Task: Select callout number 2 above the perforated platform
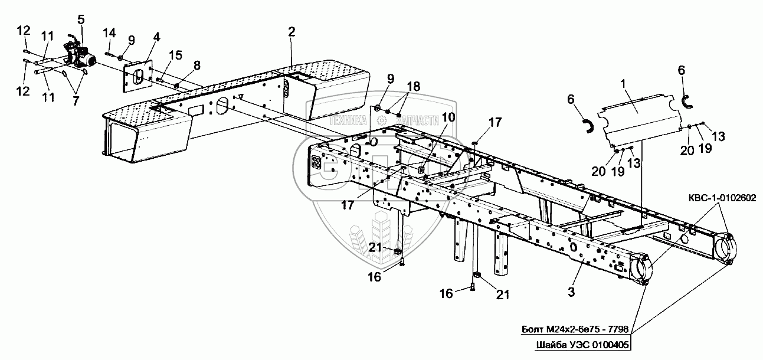pos(292,32)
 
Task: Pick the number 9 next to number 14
pos(131,40)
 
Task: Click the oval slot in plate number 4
pos(137,75)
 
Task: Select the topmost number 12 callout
pos(22,31)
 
